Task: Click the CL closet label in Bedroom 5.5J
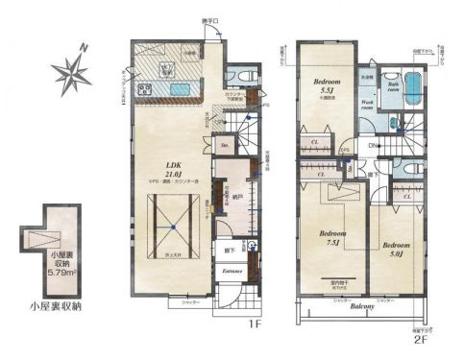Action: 316,144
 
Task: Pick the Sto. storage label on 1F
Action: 224,147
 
